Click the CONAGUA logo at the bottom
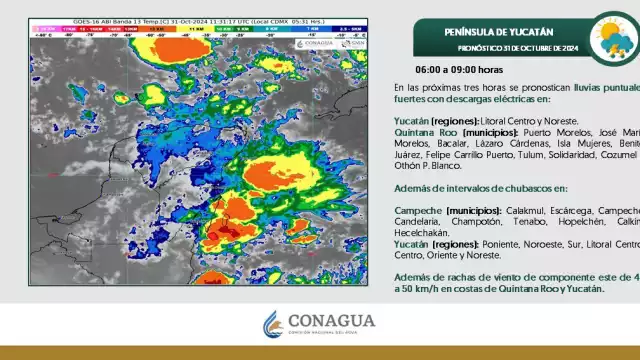[x=319, y=324]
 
